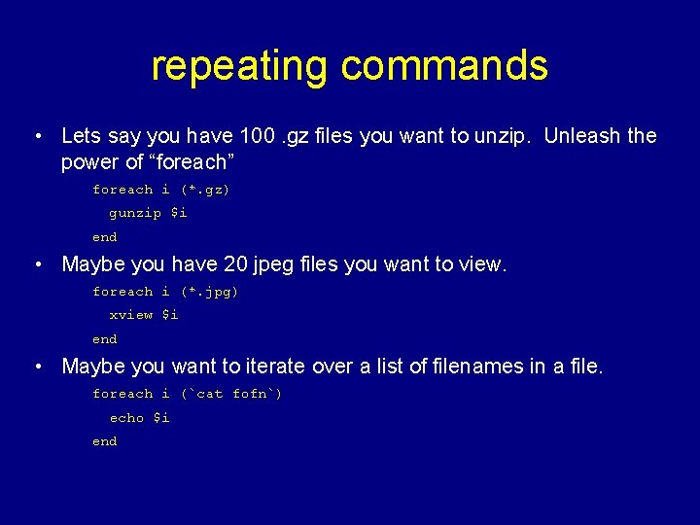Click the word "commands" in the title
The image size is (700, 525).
pos(444,66)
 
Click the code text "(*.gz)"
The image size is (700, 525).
pos(205,190)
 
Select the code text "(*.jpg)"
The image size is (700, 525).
pos(209,292)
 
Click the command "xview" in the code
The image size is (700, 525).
pos(130,315)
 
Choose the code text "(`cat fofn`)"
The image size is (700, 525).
pos(231,394)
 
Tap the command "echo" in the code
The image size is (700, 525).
pos(126,418)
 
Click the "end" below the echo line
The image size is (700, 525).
pos(104,441)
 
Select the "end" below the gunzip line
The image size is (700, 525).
pos(104,237)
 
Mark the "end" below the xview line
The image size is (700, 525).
pos(104,339)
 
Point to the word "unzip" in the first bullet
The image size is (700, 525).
pos(499,136)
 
